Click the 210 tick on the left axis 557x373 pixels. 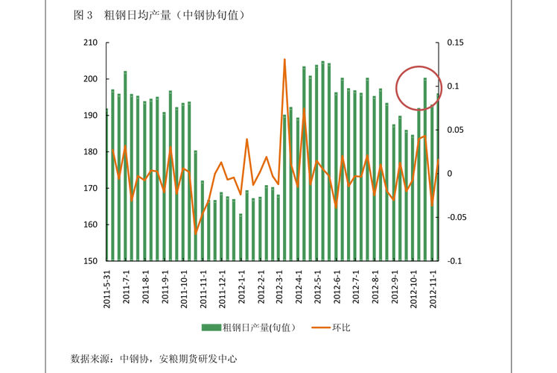click(91, 43)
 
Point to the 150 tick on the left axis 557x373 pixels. click(91, 261)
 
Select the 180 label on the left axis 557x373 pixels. click(91, 152)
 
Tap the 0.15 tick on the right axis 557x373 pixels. click(455, 43)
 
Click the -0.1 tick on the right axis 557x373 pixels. click(454, 261)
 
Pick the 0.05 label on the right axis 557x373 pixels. click(455, 130)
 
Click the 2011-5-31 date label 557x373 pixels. click(107, 287)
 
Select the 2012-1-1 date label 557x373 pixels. click(241, 287)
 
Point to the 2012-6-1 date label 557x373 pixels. click(337, 287)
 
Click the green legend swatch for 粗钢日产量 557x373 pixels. click(211, 327)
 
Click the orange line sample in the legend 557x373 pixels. click(319, 327)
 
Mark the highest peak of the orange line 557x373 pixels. click(284, 60)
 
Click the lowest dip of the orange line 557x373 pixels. click(197, 233)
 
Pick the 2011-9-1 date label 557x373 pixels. click(165, 287)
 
